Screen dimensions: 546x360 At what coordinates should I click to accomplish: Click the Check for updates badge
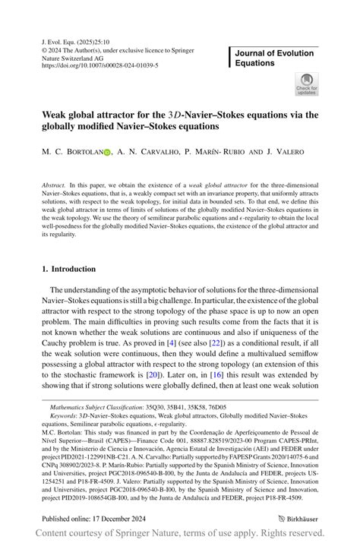tap(306, 84)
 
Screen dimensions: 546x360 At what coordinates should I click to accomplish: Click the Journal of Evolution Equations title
tap(274, 58)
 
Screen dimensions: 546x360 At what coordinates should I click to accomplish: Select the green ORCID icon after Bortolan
tap(107, 153)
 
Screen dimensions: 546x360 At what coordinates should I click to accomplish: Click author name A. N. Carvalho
tap(148, 153)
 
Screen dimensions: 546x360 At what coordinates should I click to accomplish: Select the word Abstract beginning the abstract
tap(53, 185)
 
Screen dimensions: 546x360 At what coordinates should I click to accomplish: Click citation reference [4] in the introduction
tap(172, 344)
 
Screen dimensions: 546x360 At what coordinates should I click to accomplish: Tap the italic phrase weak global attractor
tap(216, 185)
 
